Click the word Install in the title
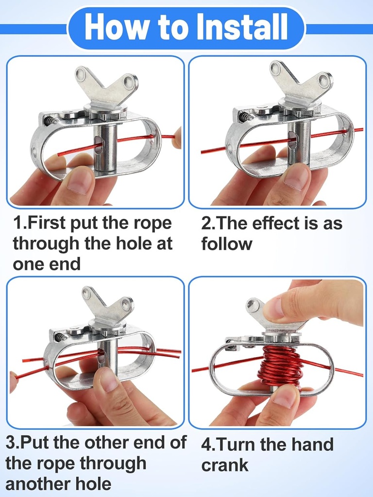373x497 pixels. [x=242, y=27]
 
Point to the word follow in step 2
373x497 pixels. [x=227, y=244]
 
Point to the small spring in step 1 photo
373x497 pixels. [x=49, y=121]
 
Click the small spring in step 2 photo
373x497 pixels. [x=244, y=116]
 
